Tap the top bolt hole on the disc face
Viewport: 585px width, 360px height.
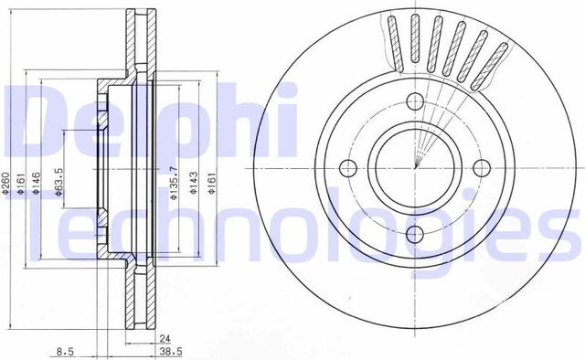pos(414,101)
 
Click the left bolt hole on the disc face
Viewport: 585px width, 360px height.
pos(348,168)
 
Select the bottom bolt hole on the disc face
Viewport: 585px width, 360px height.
pos(414,234)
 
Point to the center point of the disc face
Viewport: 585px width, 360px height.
pos(414,168)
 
